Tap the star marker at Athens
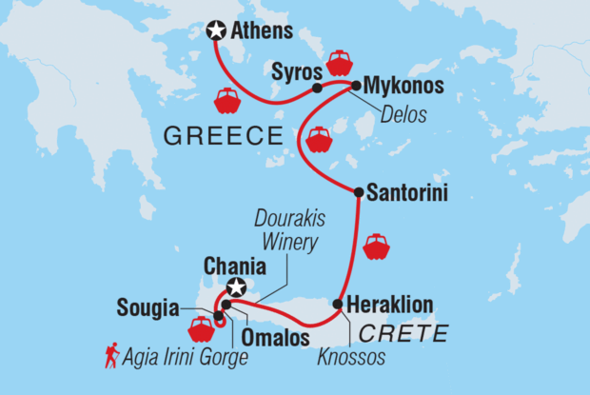click(215, 32)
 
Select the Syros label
click(291, 70)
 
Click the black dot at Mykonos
click(356, 86)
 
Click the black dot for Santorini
click(358, 192)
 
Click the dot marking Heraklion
click(338, 305)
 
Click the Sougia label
click(147, 307)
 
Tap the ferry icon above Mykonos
click(340, 62)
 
